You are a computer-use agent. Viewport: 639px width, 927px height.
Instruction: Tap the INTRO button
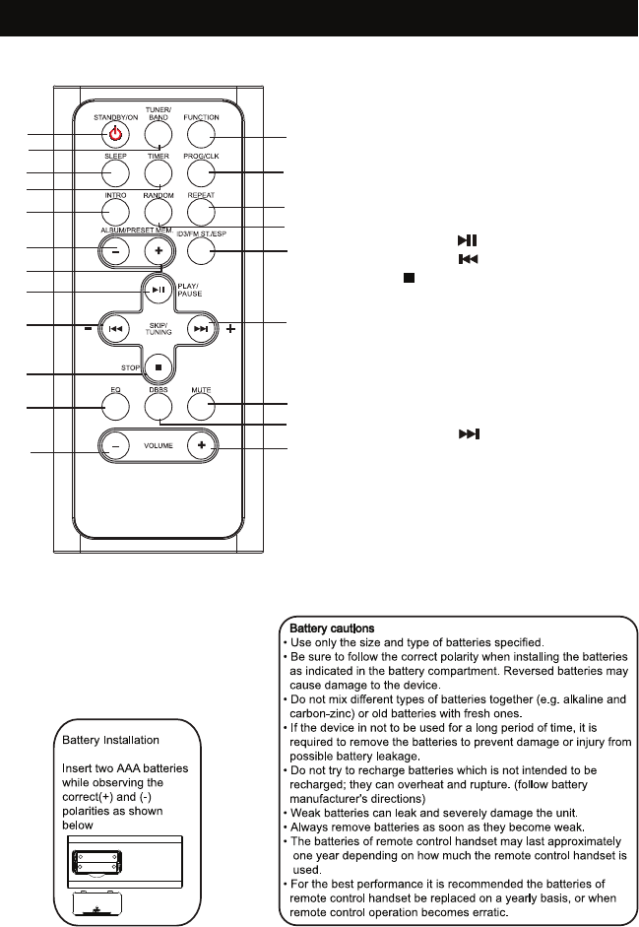point(115,211)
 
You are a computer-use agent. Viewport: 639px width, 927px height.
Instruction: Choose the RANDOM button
point(158,211)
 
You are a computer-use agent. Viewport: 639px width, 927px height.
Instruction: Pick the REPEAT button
point(200,211)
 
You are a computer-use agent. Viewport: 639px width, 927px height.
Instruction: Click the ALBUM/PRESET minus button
point(115,250)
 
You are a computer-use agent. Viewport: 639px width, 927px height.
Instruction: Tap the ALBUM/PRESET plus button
point(158,250)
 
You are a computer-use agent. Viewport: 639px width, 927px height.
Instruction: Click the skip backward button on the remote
point(115,329)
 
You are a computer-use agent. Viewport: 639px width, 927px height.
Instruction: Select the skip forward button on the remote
point(200,329)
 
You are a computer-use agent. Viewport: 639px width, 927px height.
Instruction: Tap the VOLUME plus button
point(201,446)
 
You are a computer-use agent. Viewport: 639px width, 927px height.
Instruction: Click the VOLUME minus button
point(114,446)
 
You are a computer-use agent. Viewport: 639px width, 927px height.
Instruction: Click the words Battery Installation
point(111,739)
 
